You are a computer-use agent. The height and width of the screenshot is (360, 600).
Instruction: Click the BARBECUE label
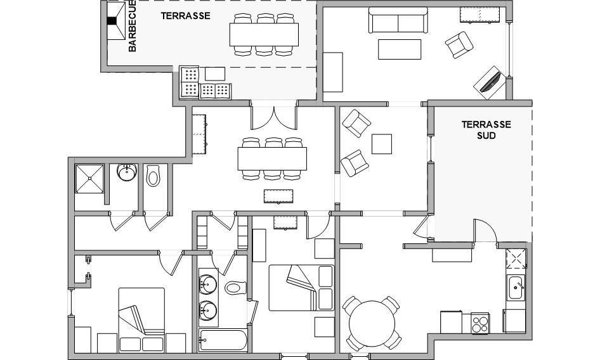point(132,26)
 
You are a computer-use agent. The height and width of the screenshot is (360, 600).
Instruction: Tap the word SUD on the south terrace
point(486,136)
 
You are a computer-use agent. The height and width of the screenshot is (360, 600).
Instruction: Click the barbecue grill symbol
point(116,21)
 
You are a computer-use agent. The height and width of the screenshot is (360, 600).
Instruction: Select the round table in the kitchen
point(372,324)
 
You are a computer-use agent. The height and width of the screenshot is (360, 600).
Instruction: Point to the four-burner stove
point(480,323)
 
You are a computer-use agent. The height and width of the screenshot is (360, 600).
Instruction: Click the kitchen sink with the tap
point(516,287)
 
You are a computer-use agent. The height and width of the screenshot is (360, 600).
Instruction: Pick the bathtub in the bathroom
point(223,340)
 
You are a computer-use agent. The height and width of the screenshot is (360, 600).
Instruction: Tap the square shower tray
point(89,179)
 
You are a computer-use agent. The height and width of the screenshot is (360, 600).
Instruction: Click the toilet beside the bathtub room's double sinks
point(235,287)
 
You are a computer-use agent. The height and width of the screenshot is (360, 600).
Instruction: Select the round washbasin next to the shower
point(127,172)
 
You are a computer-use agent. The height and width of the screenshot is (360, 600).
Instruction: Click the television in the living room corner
point(490,82)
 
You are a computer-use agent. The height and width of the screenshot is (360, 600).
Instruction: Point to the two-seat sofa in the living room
point(398,20)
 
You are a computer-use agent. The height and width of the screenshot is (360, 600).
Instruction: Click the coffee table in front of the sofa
point(400,49)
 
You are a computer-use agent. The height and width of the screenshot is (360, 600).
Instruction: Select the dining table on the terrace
point(264,34)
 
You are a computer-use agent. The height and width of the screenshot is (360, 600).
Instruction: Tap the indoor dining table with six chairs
point(272,158)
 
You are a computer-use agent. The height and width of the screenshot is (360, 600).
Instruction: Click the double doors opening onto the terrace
point(274,115)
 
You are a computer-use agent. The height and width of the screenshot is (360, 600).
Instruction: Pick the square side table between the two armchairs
point(382,144)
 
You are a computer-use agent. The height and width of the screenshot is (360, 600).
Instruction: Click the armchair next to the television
point(459,45)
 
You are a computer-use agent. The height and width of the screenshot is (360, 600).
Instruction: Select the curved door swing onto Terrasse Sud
point(485,230)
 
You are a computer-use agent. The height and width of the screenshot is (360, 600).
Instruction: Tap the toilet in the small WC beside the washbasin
point(153,176)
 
